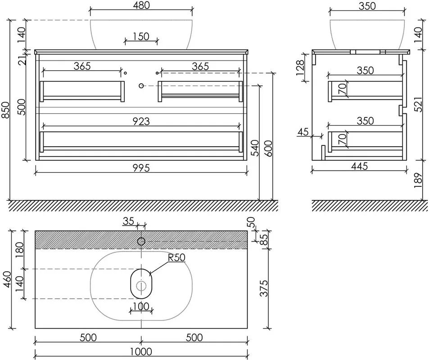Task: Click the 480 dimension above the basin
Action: pos(141,5)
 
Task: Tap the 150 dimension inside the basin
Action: pos(141,36)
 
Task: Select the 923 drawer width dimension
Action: pos(141,121)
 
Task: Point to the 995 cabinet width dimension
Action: pos(141,168)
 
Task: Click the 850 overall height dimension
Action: pos(5,110)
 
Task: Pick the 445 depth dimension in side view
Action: pos(359,166)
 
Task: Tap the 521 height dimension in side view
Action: pos(418,104)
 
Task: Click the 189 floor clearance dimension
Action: pos(418,180)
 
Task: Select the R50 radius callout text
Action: pos(177,257)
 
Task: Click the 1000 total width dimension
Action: pos(141,351)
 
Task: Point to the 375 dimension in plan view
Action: pos(264,288)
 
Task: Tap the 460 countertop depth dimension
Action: pos(7,279)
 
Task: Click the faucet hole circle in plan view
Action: pos(141,241)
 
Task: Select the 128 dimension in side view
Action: pos(300,67)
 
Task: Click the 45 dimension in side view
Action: pos(303,132)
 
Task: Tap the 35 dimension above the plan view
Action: pos(128,221)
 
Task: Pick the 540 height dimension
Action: pos(255,148)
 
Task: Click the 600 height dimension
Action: pos(269,148)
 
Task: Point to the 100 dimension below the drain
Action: pos(141,306)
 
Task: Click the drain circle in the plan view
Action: pos(141,286)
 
